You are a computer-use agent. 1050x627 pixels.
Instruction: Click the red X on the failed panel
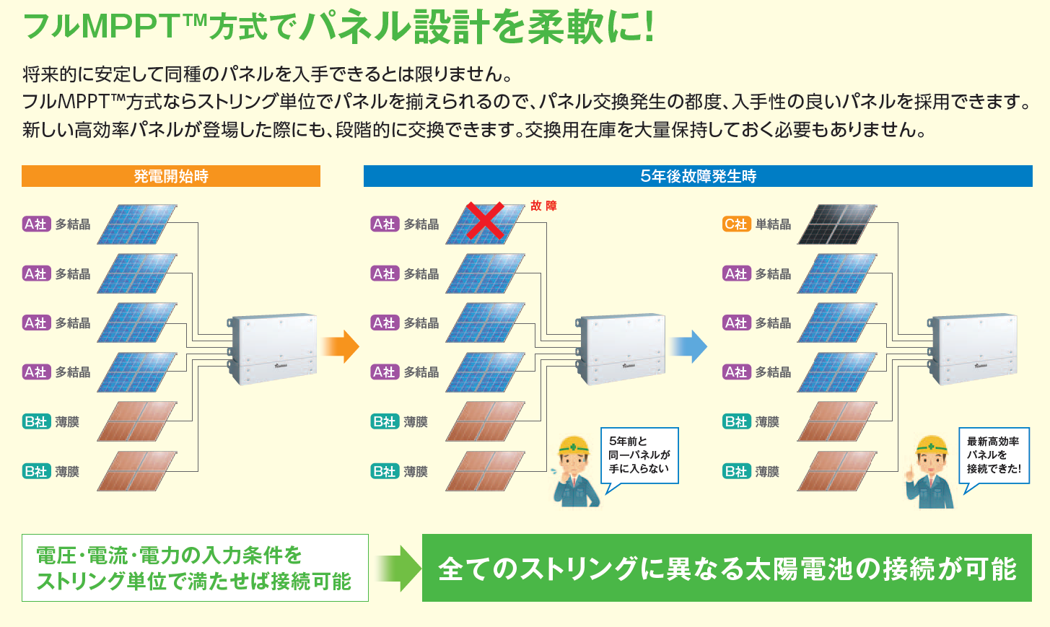tap(485, 222)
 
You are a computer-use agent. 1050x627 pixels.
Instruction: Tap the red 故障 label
tap(543, 206)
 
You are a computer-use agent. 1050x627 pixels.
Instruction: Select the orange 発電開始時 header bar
tap(171, 176)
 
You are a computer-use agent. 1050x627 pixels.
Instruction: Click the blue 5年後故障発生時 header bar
tap(698, 176)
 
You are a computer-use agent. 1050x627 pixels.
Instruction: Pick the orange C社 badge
tap(736, 224)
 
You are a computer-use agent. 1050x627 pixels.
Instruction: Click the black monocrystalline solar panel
tap(837, 224)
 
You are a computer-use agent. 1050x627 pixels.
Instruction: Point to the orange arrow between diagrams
tap(341, 347)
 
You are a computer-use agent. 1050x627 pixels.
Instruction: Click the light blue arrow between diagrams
tap(688, 347)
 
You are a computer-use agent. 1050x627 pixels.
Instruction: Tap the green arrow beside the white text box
tap(398, 568)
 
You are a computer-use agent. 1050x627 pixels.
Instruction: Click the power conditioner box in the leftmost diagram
tap(272, 348)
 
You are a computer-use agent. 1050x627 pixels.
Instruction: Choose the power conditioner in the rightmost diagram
tap(972, 348)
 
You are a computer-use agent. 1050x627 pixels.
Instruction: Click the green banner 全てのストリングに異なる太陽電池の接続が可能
tap(727, 568)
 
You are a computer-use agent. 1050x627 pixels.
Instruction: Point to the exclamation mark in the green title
tap(648, 27)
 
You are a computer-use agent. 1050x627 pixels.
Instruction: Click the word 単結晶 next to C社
tap(773, 224)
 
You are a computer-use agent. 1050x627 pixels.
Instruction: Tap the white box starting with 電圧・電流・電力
tap(195, 568)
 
